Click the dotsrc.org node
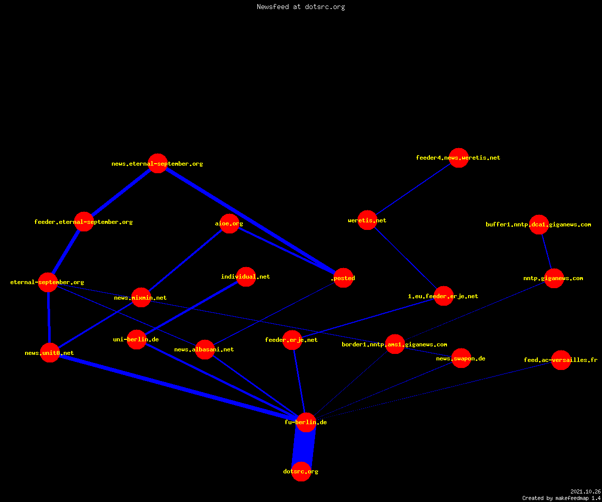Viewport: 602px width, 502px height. (x=301, y=471)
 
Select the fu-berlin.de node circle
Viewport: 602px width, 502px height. (x=306, y=422)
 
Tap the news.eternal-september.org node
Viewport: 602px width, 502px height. (x=158, y=163)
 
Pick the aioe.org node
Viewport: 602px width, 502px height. (x=229, y=223)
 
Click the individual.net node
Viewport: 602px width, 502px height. (x=246, y=277)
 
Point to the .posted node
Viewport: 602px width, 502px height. (x=343, y=278)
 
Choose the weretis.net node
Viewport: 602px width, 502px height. (x=367, y=220)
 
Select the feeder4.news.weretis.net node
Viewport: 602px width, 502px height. (x=459, y=158)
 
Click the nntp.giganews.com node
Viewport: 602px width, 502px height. (x=554, y=279)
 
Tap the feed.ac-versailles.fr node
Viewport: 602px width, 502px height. (x=561, y=360)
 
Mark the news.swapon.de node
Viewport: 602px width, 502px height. (x=462, y=358)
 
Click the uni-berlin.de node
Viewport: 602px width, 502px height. (x=136, y=339)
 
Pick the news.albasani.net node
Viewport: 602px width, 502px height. (x=205, y=350)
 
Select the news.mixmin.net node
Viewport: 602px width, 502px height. (x=141, y=298)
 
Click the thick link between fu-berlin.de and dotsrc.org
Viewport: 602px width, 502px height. (x=304, y=447)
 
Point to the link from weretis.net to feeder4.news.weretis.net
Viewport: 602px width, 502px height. (x=413, y=189)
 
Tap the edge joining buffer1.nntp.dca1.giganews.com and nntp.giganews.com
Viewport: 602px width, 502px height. (x=547, y=252)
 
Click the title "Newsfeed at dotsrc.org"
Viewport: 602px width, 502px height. (x=300, y=7)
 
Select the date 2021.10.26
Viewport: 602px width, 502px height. (x=585, y=491)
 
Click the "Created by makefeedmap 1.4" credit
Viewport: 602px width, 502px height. (x=561, y=498)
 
